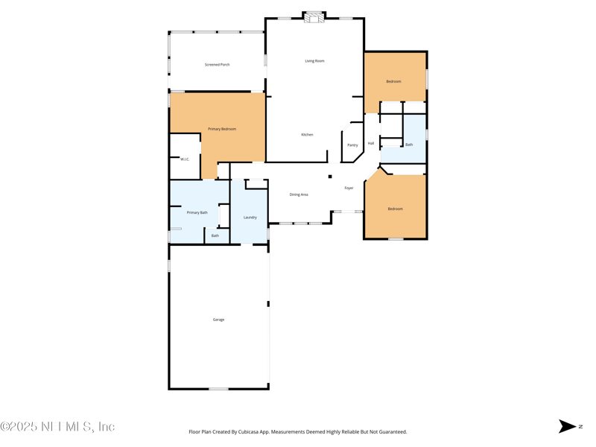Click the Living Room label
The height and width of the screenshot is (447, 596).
pyautogui.click(x=314, y=61)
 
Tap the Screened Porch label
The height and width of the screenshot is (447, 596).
pyautogui.click(x=217, y=65)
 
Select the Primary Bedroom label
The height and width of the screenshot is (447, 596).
pyautogui.click(x=222, y=129)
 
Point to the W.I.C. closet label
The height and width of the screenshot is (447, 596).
pyautogui.click(x=185, y=159)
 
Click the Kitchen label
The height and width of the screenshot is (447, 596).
pyautogui.click(x=307, y=135)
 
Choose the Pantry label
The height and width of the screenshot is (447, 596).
pyautogui.click(x=352, y=145)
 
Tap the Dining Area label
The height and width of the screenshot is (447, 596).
pyautogui.click(x=299, y=194)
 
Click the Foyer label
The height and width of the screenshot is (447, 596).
pyautogui.click(x=349, y=188)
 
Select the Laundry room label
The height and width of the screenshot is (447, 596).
pyautogui.click(x=250, y=218)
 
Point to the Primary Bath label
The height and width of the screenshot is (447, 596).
pyautogui.click(x=197, y=212)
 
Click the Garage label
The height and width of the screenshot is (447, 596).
pyautogui.click(x=218, y=320)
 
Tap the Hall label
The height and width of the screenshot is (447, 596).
pyautogui.click(x=371, y=143)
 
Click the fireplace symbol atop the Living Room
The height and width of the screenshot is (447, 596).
pyautogui.click(x=314, y=17)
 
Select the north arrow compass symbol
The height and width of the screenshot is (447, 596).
pyautogui.click(x=568, y=426)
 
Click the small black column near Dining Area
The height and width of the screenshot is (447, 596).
pyautogui.click(x=330, y=177)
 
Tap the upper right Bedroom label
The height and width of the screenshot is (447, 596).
pyautogui.click(x=393, y=81)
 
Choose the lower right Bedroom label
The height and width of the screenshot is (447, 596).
pyautogui.click(x=395, y=209)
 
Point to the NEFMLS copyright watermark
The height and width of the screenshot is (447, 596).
pyautogui.click(x=57, y=427)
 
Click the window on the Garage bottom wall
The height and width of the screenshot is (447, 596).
pyautogui.click(x=218, y=389)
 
